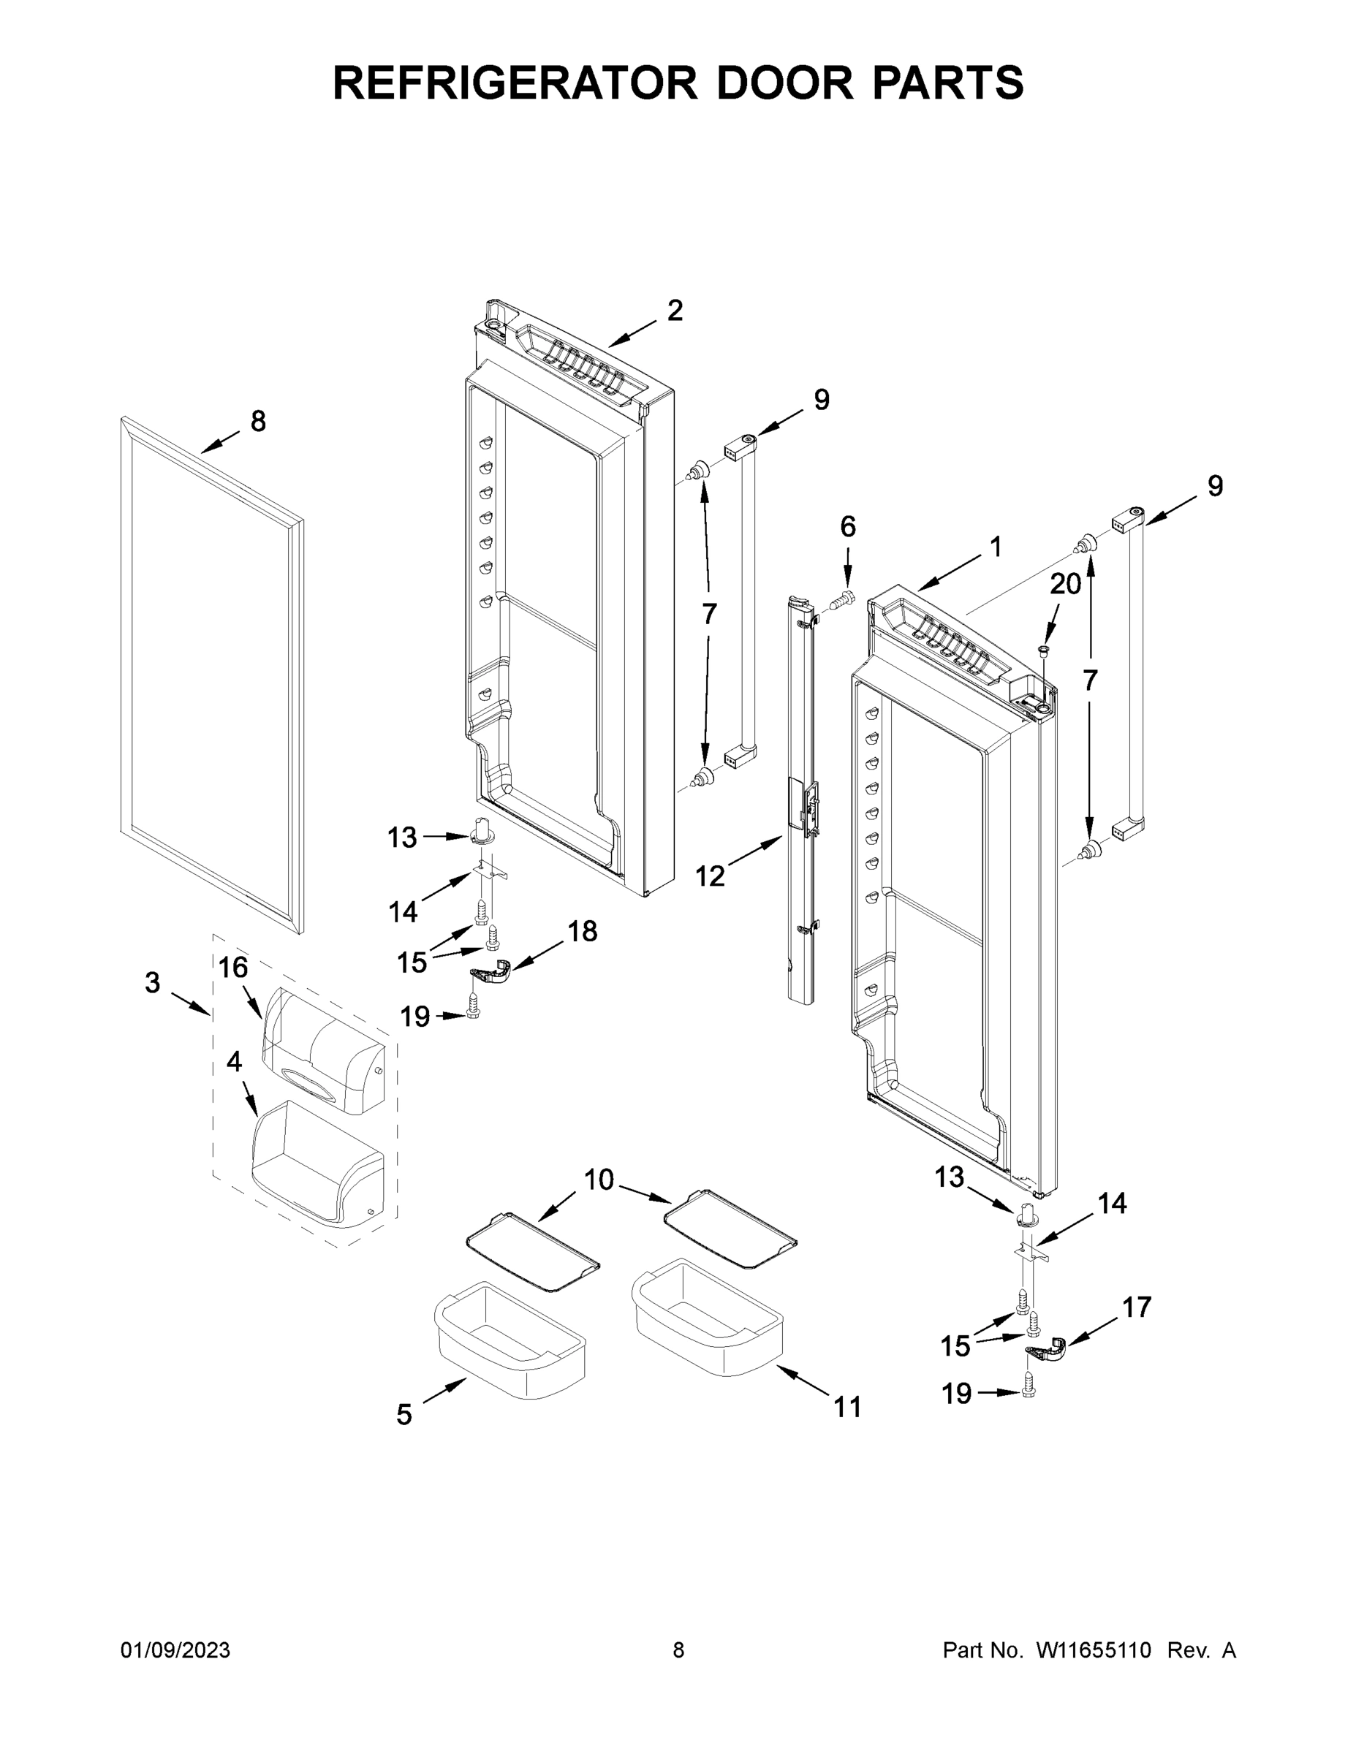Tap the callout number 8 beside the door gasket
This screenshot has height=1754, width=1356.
tap(258, 421)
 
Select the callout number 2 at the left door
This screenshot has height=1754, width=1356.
tap(675, 311)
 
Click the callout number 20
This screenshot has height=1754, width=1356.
tap(1065, 584)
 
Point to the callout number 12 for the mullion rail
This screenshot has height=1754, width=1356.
tap(710, 876)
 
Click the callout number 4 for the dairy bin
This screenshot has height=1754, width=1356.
tap(234, 1062)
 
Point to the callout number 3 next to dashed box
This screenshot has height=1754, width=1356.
tap(153, 982)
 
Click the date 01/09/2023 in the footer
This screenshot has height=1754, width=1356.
tap(175, 1650)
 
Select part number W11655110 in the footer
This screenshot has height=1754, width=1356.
tap(1094, 1650)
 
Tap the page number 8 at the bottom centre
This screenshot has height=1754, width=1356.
tap(678, 1650)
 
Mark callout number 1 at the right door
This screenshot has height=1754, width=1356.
tap(996, 547)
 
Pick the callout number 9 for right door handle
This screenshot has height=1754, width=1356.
tap(1215, 486)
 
